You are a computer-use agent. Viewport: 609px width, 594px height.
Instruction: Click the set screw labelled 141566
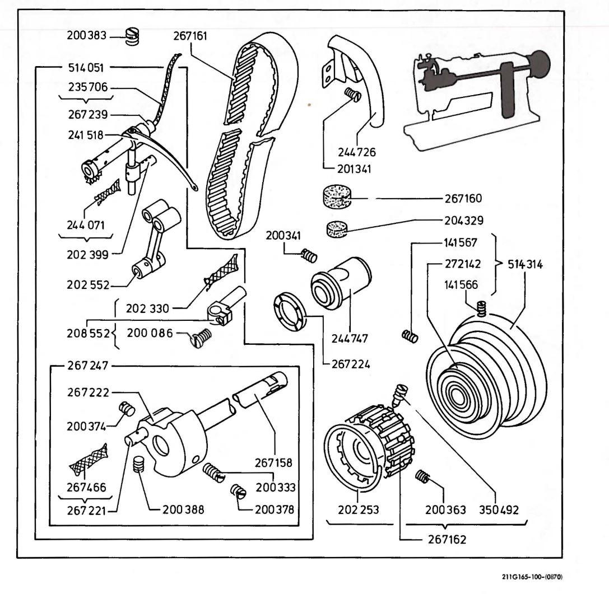coord(480,307)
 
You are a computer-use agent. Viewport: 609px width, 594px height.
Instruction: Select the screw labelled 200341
coord(308,255)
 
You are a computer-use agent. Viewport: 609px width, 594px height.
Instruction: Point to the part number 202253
coord(357,509)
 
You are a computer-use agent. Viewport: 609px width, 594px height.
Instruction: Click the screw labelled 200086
coord(203,335)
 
